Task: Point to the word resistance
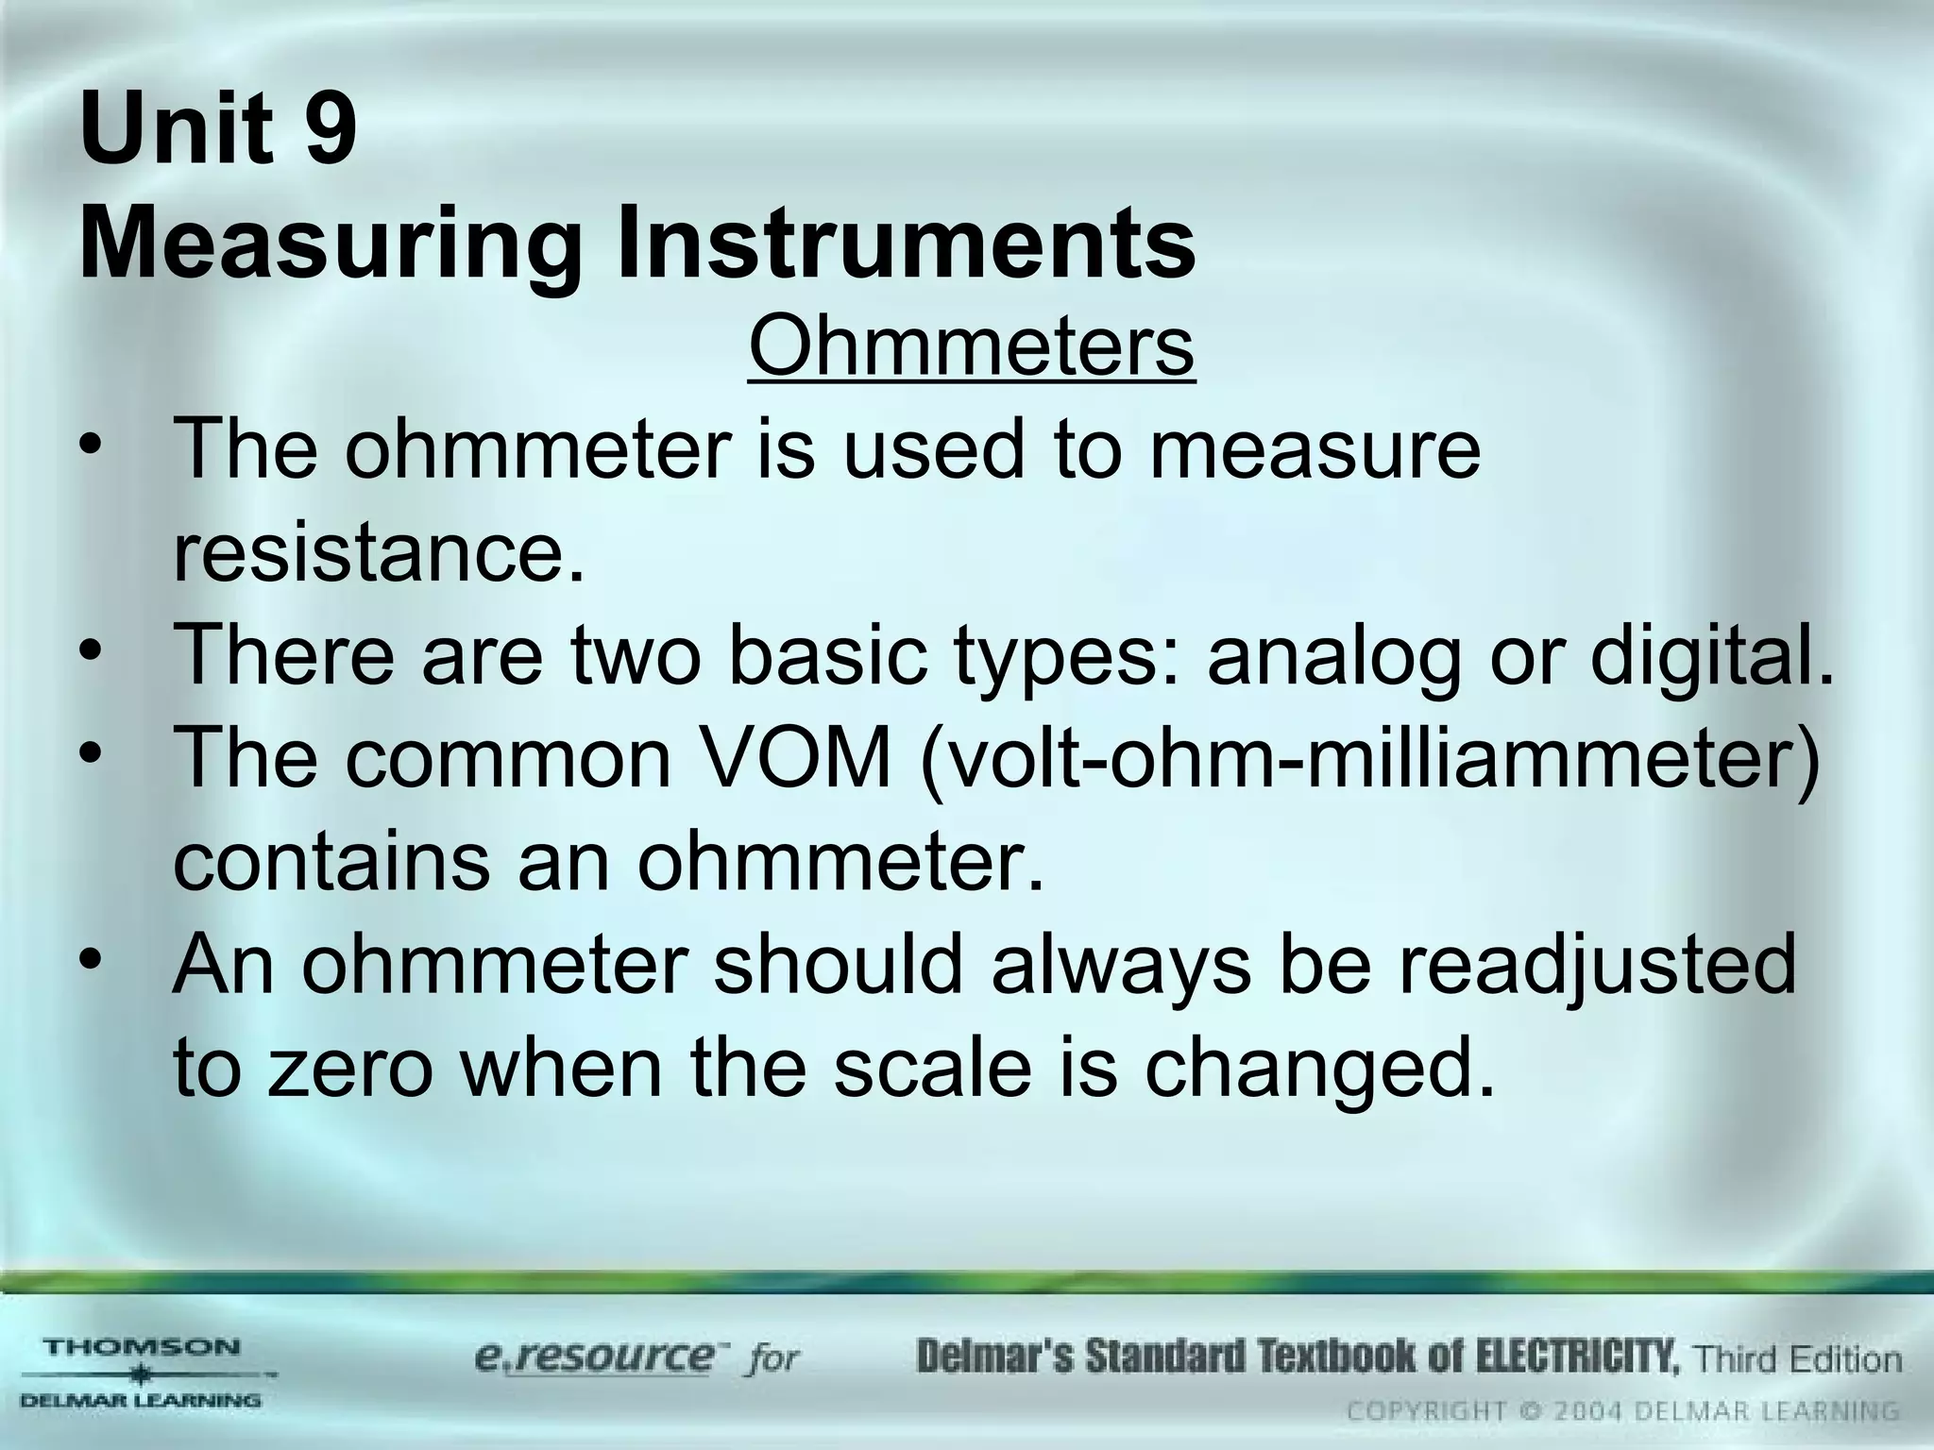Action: point(379,551)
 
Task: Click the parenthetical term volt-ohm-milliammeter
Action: point(1369,760)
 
